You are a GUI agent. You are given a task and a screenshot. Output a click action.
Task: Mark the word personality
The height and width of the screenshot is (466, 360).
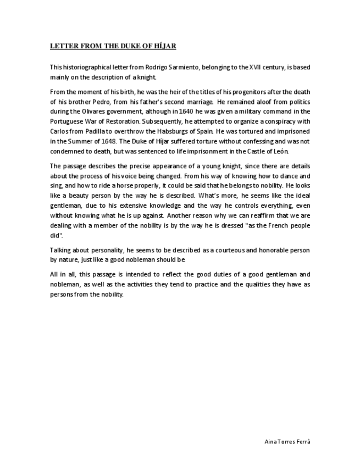(101, 250)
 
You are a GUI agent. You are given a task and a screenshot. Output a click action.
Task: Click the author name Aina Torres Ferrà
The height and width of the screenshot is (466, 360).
(291, 441)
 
